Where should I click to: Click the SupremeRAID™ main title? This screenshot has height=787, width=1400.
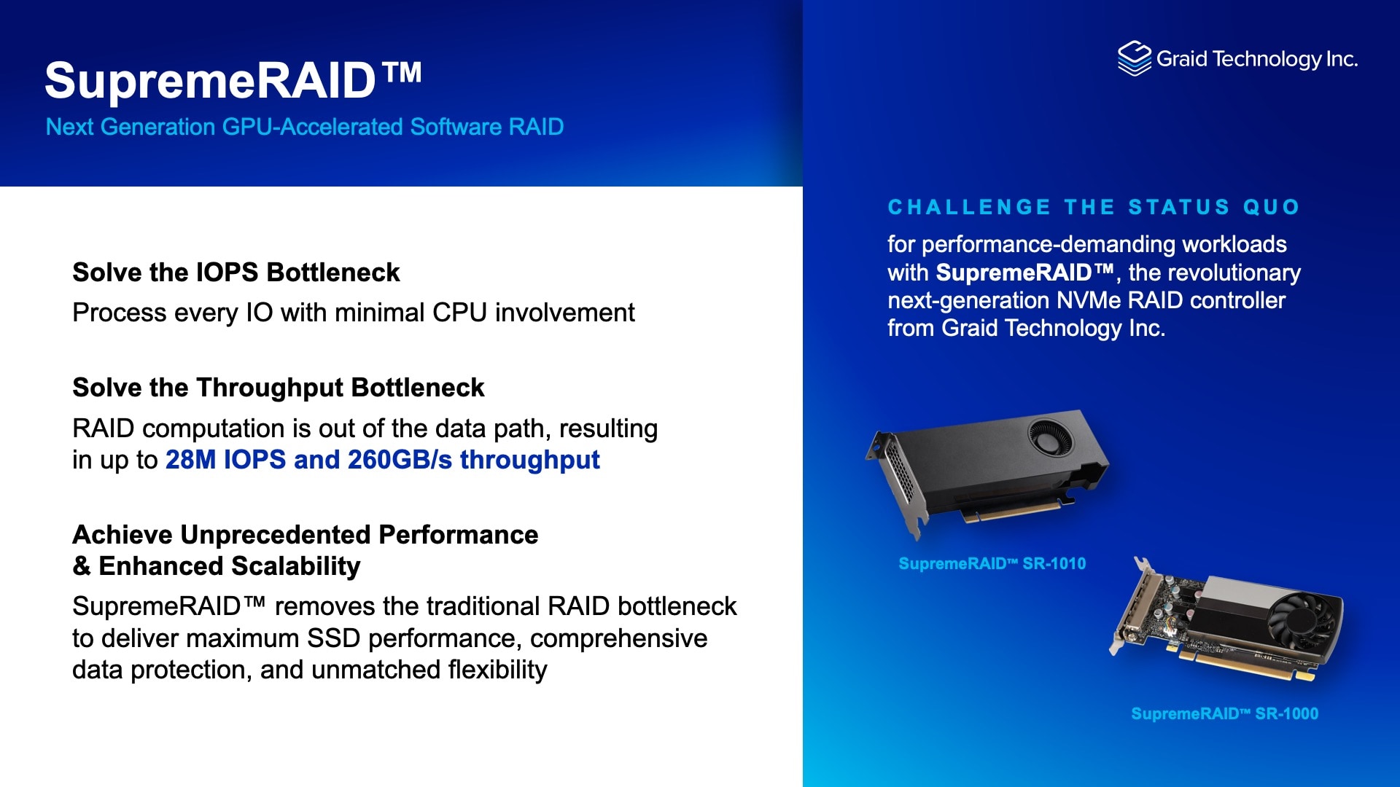click(x=233, y=79)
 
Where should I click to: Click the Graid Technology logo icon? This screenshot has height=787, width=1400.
click(x=1134, y=58)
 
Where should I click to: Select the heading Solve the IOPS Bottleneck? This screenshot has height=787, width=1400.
click(x=236, y=273)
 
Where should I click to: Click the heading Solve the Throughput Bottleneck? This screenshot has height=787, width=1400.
click(x=279, y=388)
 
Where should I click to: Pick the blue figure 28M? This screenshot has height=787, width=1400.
click(x=190, y=460)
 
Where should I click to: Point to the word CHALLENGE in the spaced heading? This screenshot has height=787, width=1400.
click(x=969, y=207)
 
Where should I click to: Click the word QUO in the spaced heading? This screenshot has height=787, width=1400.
click(x=1271, y=207)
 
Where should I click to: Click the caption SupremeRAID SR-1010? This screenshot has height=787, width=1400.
click(x=992, y=563)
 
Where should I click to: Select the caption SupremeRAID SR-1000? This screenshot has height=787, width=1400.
click(x=1224, y=713)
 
